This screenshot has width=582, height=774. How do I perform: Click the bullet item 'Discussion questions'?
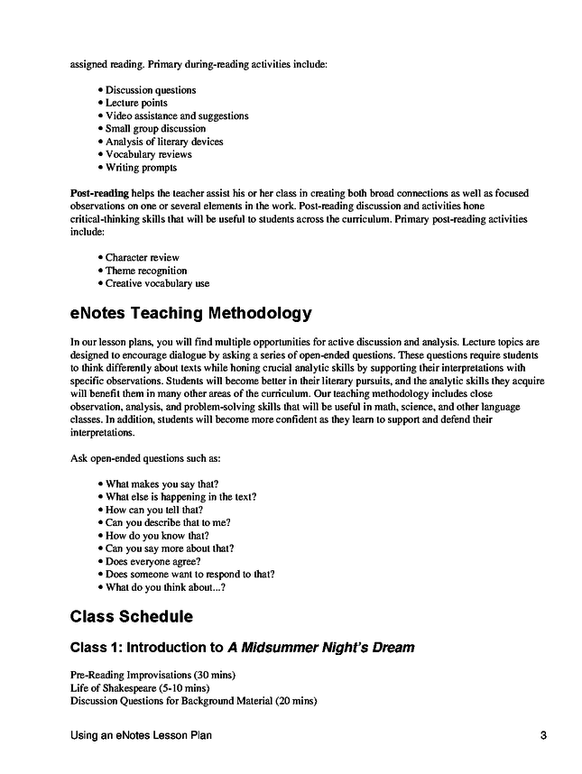tap(150, 90)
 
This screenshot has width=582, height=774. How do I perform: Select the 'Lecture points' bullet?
tap(136, 103)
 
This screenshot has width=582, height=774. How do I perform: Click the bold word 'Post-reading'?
tap(99, 193)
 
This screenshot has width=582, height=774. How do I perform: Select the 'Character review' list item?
tap(142, 257)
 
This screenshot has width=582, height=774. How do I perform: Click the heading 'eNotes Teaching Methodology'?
tap(190, 314)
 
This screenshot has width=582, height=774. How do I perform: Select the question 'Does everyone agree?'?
tap(152, 561)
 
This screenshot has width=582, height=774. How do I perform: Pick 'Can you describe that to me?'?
tap(168, 522)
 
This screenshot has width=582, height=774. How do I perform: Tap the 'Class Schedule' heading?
tap(131, 617)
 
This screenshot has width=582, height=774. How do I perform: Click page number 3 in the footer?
tap(544, 735)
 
